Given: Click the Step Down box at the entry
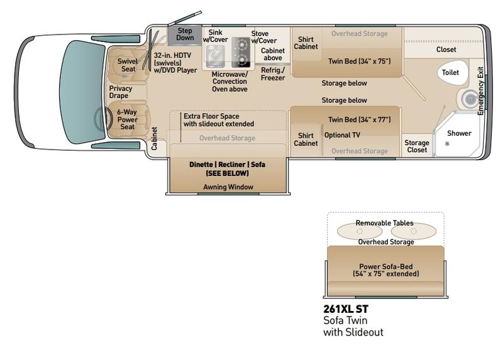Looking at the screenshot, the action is tap(185, 35).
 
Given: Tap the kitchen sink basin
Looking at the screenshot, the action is tap(215, 57).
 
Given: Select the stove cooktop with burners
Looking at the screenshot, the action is tap(241, 52).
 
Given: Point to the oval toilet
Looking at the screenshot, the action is tap(452, 72).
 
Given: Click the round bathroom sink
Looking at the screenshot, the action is tap(470, 99).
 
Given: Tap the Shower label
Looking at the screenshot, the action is tap(459, 133).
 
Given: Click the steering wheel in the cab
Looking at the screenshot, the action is tap(100, 119).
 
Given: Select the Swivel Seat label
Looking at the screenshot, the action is tap(128, 65).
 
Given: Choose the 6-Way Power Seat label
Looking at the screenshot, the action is tap(127, 119).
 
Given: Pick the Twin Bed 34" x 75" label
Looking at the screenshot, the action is tap(359, 61).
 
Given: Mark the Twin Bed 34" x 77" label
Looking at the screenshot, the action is tap(359, 120).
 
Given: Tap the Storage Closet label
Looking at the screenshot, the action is tap(417, 146).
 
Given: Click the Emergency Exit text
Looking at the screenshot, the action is tap(480, 91).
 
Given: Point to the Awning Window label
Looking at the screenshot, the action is tap(228, 187).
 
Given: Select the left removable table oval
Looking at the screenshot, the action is tap(359, 231).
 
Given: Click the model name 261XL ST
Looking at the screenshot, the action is tap(346, 308).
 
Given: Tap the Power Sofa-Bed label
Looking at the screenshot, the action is tap(386, 270).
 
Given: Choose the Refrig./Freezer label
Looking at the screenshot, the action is tap(273, 74).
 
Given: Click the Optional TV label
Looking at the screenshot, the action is tap(342, 135).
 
